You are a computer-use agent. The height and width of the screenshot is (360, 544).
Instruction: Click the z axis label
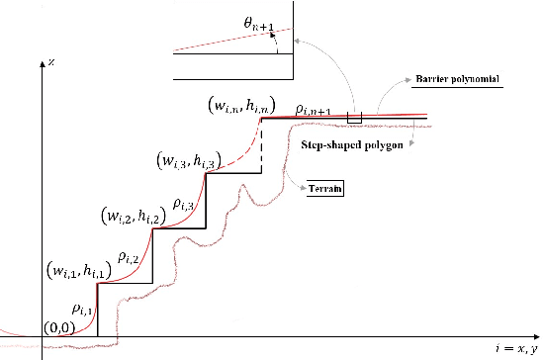(49, 61)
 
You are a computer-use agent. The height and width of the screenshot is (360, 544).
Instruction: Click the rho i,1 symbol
(83, 309)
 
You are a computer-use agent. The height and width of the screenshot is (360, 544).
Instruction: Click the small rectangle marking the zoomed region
(354, 119)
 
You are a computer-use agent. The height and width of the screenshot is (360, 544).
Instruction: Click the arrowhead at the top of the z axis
(40, 58)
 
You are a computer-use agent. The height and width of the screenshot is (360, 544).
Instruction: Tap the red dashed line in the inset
(232, 39)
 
